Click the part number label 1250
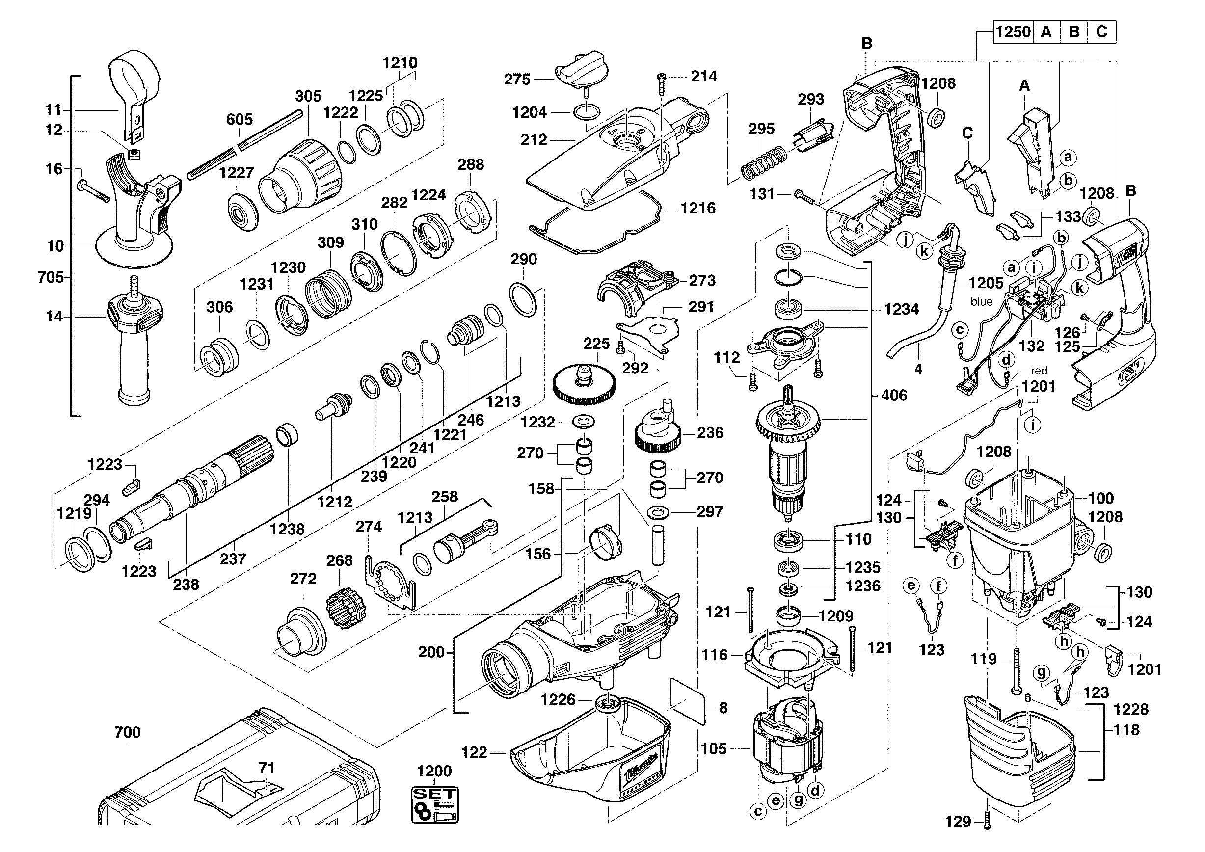point(1013,32)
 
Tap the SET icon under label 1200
point(434,804)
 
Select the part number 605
point(240,120)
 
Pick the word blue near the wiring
point(981,302)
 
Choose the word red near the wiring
point(1039,371)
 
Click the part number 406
point(894,395)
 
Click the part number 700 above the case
point(128,732)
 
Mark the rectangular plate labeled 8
point(688,701)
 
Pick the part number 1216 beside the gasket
point(698,208)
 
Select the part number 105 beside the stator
point(714,748)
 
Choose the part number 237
point(233,559)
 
